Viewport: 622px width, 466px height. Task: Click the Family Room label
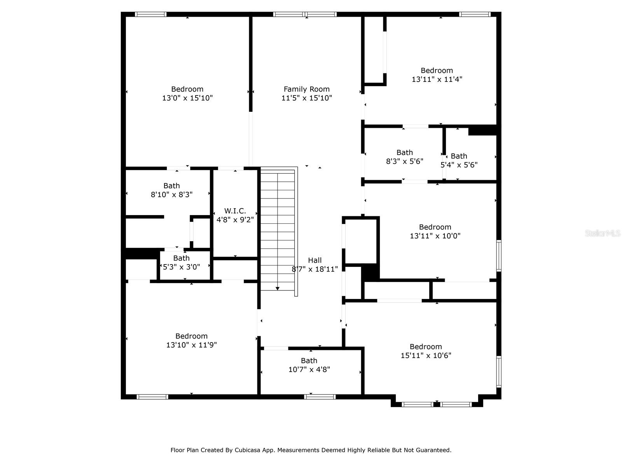coord(306,89)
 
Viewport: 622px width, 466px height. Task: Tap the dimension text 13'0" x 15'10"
coord(187,98)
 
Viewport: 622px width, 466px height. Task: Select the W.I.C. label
coord(235,211)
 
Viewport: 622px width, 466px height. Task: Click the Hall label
coord(314,260)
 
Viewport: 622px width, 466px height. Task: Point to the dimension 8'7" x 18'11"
coord(314,269)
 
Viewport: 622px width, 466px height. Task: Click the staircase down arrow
coord(277,288)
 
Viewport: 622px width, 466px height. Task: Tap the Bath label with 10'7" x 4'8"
coord(309,361)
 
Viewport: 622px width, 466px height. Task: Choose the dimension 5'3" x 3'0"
coord(181,267)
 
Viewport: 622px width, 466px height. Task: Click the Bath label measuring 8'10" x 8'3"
coord(171,186)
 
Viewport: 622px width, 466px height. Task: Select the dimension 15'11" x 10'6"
coord(426,355)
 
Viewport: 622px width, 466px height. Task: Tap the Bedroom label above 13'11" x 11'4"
coord(437,71)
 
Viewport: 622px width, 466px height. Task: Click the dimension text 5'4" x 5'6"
coord(459,165)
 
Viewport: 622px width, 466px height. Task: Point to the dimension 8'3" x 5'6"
coord(404,161)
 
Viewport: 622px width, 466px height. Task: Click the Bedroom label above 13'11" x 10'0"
coord(435,227)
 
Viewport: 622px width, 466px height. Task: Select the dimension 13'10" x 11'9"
coord(191,345)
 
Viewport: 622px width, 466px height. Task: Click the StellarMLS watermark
coord(602,233)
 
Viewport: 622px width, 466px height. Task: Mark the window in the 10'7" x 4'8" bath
coord(320,396)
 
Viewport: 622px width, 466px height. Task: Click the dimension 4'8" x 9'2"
coord(235,220)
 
